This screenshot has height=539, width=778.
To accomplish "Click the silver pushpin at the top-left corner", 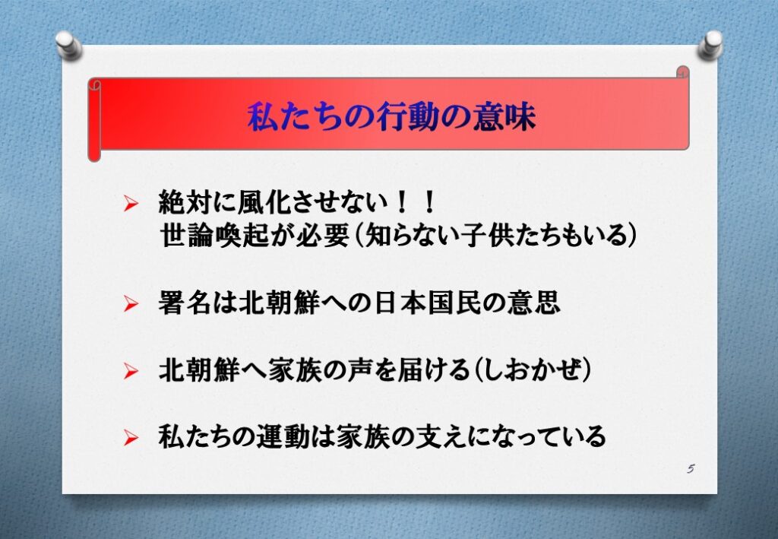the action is coord(68,45).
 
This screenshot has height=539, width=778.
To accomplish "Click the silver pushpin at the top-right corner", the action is coord(710,45).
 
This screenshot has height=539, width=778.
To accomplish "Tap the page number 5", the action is coord(691,468).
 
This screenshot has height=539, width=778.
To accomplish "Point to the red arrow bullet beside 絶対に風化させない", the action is coord(131,203).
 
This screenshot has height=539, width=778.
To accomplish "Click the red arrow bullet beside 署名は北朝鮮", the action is coord(131,303).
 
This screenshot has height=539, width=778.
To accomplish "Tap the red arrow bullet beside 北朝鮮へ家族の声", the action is coord(131,371).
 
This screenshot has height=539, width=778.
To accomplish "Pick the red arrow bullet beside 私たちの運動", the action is coord(131,437).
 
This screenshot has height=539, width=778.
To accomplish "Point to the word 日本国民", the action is coord(428,303).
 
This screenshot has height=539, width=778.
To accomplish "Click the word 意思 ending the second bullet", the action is coord(534,303).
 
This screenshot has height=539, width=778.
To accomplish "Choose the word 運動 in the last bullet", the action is coord(283,437).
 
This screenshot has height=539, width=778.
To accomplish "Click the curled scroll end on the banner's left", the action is coord(94,119).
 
